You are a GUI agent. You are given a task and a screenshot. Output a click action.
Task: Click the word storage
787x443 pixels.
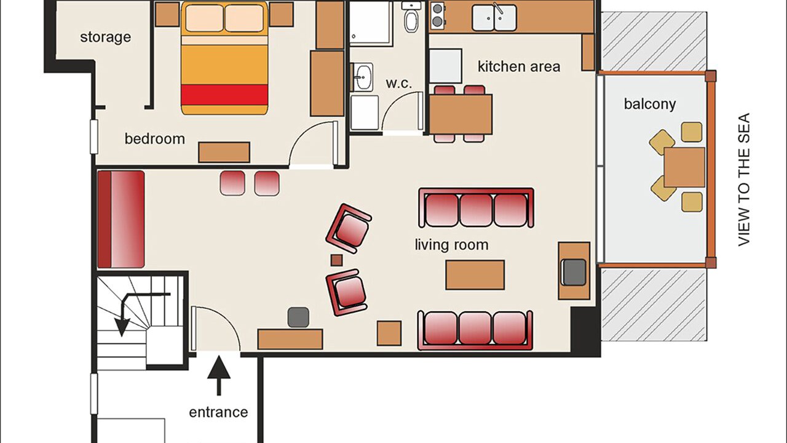tap(105, 38)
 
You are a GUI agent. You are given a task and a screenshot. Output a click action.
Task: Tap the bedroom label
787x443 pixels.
tap(154, 139)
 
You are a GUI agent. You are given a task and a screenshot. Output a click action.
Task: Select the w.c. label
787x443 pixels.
tap(398, 84)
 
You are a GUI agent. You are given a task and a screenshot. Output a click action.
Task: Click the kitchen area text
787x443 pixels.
tap(519, 66)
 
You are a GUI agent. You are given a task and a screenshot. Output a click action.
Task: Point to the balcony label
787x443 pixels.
tap(650, 104)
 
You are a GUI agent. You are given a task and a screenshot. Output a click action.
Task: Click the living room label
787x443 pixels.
tap(451, 245)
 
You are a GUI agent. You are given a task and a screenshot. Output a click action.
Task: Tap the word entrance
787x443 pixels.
tap(218, 412)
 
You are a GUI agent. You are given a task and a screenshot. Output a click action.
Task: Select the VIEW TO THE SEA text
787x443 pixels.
tap(744, 179)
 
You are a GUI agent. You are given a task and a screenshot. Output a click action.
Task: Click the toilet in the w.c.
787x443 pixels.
tap(411, 18)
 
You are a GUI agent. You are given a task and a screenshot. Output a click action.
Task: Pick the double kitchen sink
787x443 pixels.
tap(494, 18)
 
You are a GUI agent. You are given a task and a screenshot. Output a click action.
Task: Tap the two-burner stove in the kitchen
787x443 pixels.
tap(437, 15)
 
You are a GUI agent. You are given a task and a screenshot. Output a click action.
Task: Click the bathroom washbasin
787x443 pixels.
tap(362, 77)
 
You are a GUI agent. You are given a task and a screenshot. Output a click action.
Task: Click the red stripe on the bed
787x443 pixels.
tap(224, 95)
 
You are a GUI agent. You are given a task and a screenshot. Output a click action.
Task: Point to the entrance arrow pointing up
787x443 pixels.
tap(218, 375)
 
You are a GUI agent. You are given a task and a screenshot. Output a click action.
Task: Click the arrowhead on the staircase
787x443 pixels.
tap(122, 327)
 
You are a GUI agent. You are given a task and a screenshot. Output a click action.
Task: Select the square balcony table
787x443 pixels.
tap(684, 167)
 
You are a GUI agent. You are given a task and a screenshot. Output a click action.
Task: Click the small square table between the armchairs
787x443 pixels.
tap(336, 260)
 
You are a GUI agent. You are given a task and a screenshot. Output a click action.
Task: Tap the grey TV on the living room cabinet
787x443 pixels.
tap(574, 272)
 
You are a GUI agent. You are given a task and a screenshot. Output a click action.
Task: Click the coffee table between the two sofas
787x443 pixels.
tap(475, 275)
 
